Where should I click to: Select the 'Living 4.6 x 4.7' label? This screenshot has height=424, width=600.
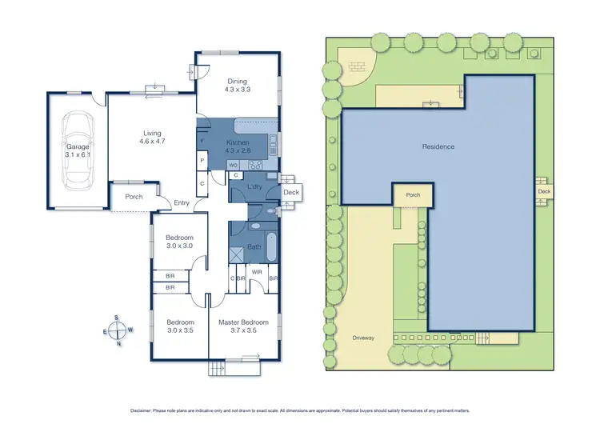(152, 138)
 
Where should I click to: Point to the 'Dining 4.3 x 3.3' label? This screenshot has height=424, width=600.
(238, 86)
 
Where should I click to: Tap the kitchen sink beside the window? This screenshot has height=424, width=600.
(272, 145)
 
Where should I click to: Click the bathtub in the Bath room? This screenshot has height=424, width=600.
(270, 247)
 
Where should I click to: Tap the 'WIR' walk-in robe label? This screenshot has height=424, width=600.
(257, 272)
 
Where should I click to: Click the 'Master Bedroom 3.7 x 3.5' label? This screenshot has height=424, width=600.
(243, 327)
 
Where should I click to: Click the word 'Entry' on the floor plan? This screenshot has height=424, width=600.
(182, 203)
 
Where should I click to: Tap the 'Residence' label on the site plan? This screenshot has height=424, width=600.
(438, 146)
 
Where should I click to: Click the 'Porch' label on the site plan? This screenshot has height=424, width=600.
(413, 195)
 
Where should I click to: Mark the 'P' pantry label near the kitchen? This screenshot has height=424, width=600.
(202, 161)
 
